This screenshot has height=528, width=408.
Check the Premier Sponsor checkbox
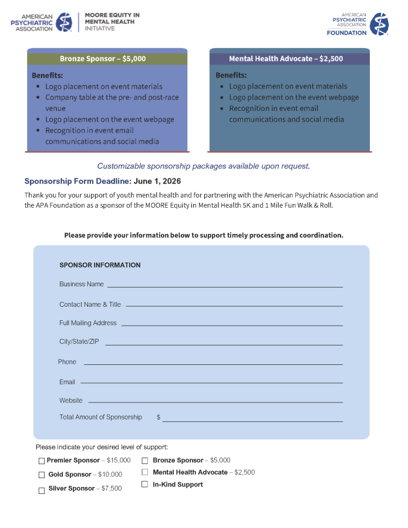(x=42, y=461)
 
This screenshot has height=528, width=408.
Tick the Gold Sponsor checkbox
(x=42, y=475)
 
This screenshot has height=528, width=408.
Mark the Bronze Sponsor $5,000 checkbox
(x=144, y=461)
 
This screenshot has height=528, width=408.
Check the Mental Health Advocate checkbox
(x=144, y=472)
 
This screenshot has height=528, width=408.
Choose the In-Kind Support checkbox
(x=144, y=485)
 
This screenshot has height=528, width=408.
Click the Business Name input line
(x=224, y=285)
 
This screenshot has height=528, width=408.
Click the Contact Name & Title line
(x=234, y=305)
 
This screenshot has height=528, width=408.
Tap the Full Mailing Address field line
(x=231, y=324)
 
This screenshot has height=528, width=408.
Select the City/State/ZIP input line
(x=224, y=343)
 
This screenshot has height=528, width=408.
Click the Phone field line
(x=213, y=363)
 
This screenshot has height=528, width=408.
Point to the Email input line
(x=211, y=382)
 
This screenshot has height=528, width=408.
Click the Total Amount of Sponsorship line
(x=252, y=419)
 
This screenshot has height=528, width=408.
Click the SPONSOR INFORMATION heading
(x=100, y=265)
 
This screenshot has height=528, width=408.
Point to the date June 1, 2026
(x=157, y=181)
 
